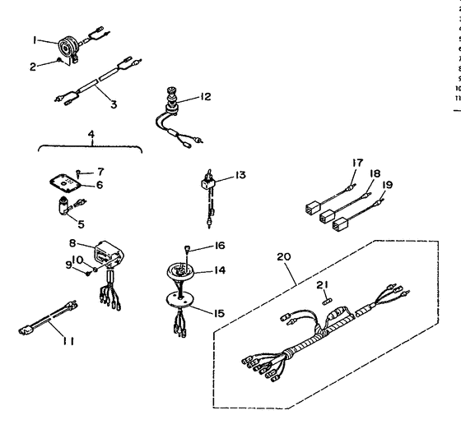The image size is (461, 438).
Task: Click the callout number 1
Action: click(x=35, y=39)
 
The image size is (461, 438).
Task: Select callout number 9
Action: click(x=72, y=264)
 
